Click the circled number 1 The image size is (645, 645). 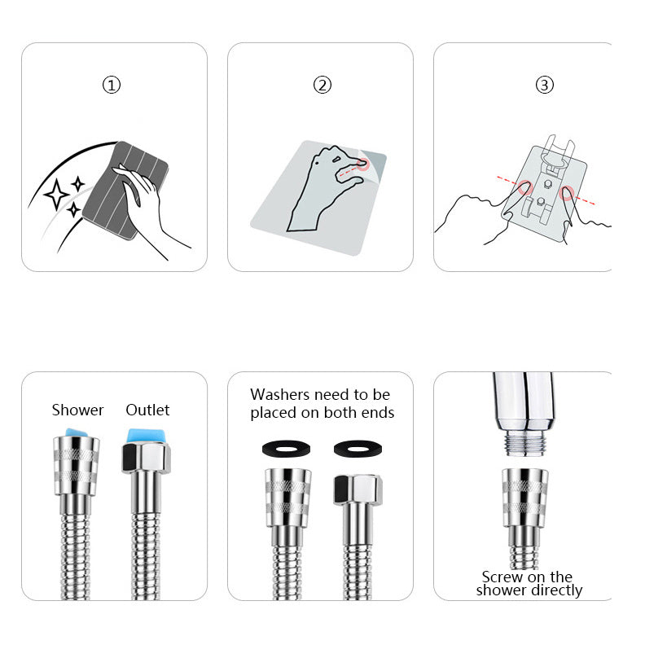[x=111, y=86]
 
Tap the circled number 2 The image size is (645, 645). [x=322, y=85]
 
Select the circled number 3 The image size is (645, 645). [x=544, y=85]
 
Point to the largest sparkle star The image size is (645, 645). [x=56, y=194]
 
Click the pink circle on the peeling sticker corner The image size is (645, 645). [x=362, y=165]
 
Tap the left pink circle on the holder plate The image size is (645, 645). [x=525, y=187]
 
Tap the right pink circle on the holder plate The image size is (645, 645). [x=567, y=193]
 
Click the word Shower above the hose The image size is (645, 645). [x=77, y=410]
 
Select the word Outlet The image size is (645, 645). [x=147, y=410]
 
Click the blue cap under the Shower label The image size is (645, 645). [x=77, y=433]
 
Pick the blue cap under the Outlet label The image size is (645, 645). [x=147, y=436]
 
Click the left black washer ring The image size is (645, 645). [x=287, y=449]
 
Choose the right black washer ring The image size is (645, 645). [x=358, y=449]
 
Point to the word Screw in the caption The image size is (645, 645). [x=502, y=577]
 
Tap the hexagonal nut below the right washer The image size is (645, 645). [x=358, y=489]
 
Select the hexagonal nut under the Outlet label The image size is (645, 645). [x=147, y=458]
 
